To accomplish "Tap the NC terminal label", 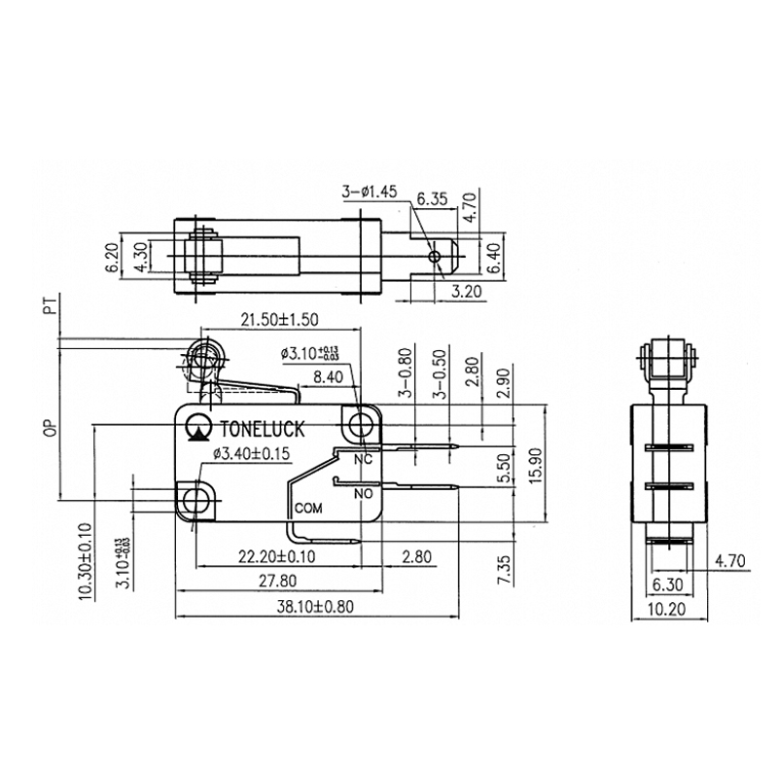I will [363, 458].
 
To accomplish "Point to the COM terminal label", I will [308, 508].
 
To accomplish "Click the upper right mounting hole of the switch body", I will [363, 424].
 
